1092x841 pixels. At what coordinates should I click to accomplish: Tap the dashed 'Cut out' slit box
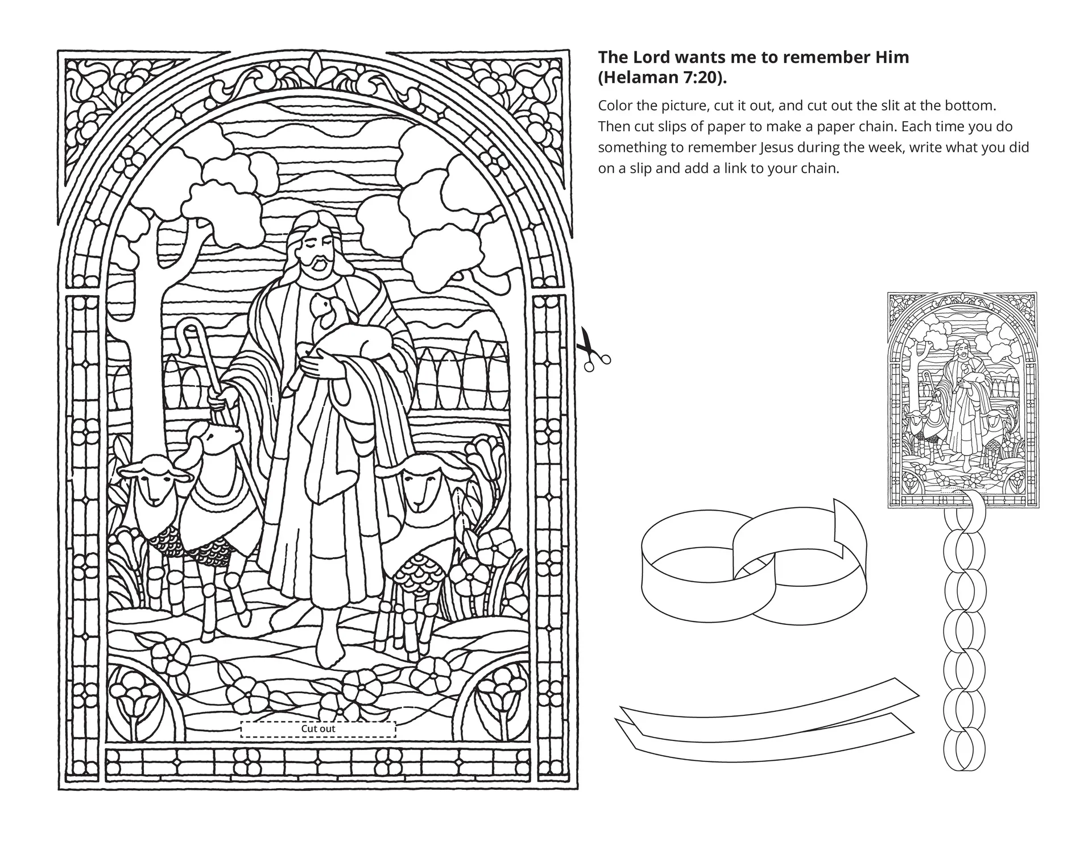318,729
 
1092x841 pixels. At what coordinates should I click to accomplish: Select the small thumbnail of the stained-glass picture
963,400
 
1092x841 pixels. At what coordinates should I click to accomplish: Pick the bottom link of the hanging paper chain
964,750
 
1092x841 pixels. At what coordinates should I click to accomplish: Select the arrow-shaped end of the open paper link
849,518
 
